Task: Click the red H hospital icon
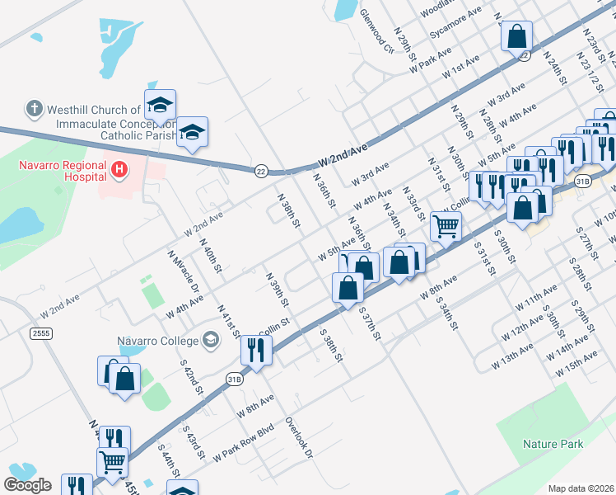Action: click(x=119, y=171)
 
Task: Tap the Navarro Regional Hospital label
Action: click(x=63, y=171)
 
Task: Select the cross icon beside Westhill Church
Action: click(x=34, y=108)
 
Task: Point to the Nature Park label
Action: click(x=553, y=444)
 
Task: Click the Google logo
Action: click(x=27, y=485)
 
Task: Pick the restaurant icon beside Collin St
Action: click(x=256, y=350)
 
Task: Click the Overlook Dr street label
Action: click(x=299, y=436)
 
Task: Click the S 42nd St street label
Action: click(x=193, y=375)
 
